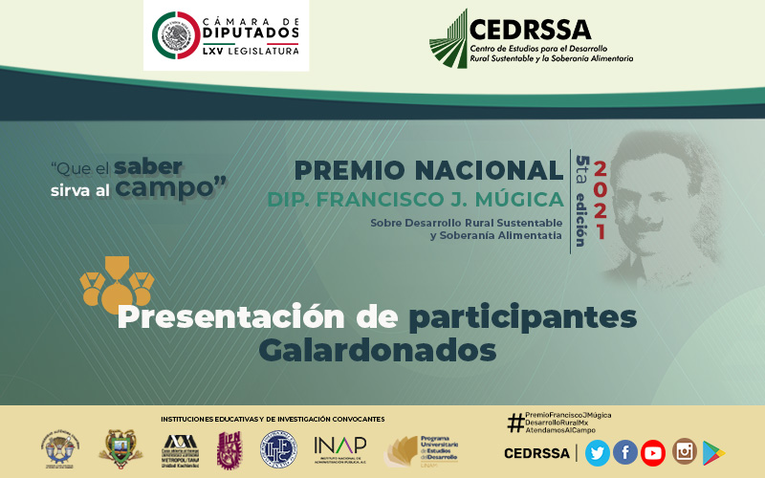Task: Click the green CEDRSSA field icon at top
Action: pos(448,39)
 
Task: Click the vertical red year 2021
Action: pos(601,201)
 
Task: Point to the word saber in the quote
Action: pos(147,165)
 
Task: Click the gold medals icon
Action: pos(117,278)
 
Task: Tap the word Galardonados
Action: pos(378,350)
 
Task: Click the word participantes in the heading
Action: pos(523,316)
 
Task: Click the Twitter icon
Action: pos(598,452)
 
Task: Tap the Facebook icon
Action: pos(625,452)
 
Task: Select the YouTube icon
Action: pos(653,452)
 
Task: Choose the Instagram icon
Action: pos(684,452)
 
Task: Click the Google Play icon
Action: pos(713,452)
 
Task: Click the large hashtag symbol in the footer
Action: pos(515,422)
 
